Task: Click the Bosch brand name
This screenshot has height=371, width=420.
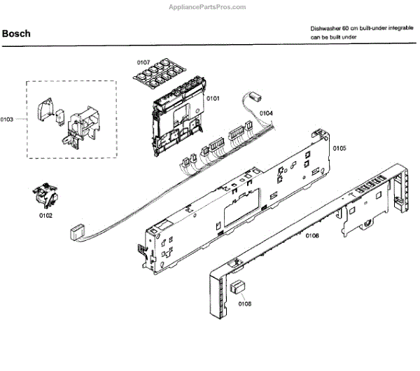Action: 15,33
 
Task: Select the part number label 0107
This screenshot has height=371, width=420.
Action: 143,62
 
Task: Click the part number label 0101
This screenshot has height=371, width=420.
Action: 213,99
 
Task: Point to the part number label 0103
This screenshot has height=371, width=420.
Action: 7,120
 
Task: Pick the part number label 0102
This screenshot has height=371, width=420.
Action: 45,216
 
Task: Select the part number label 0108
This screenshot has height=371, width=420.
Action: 245,304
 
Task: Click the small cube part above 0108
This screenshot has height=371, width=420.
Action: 239,286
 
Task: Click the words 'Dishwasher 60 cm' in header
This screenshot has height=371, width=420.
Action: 332,29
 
